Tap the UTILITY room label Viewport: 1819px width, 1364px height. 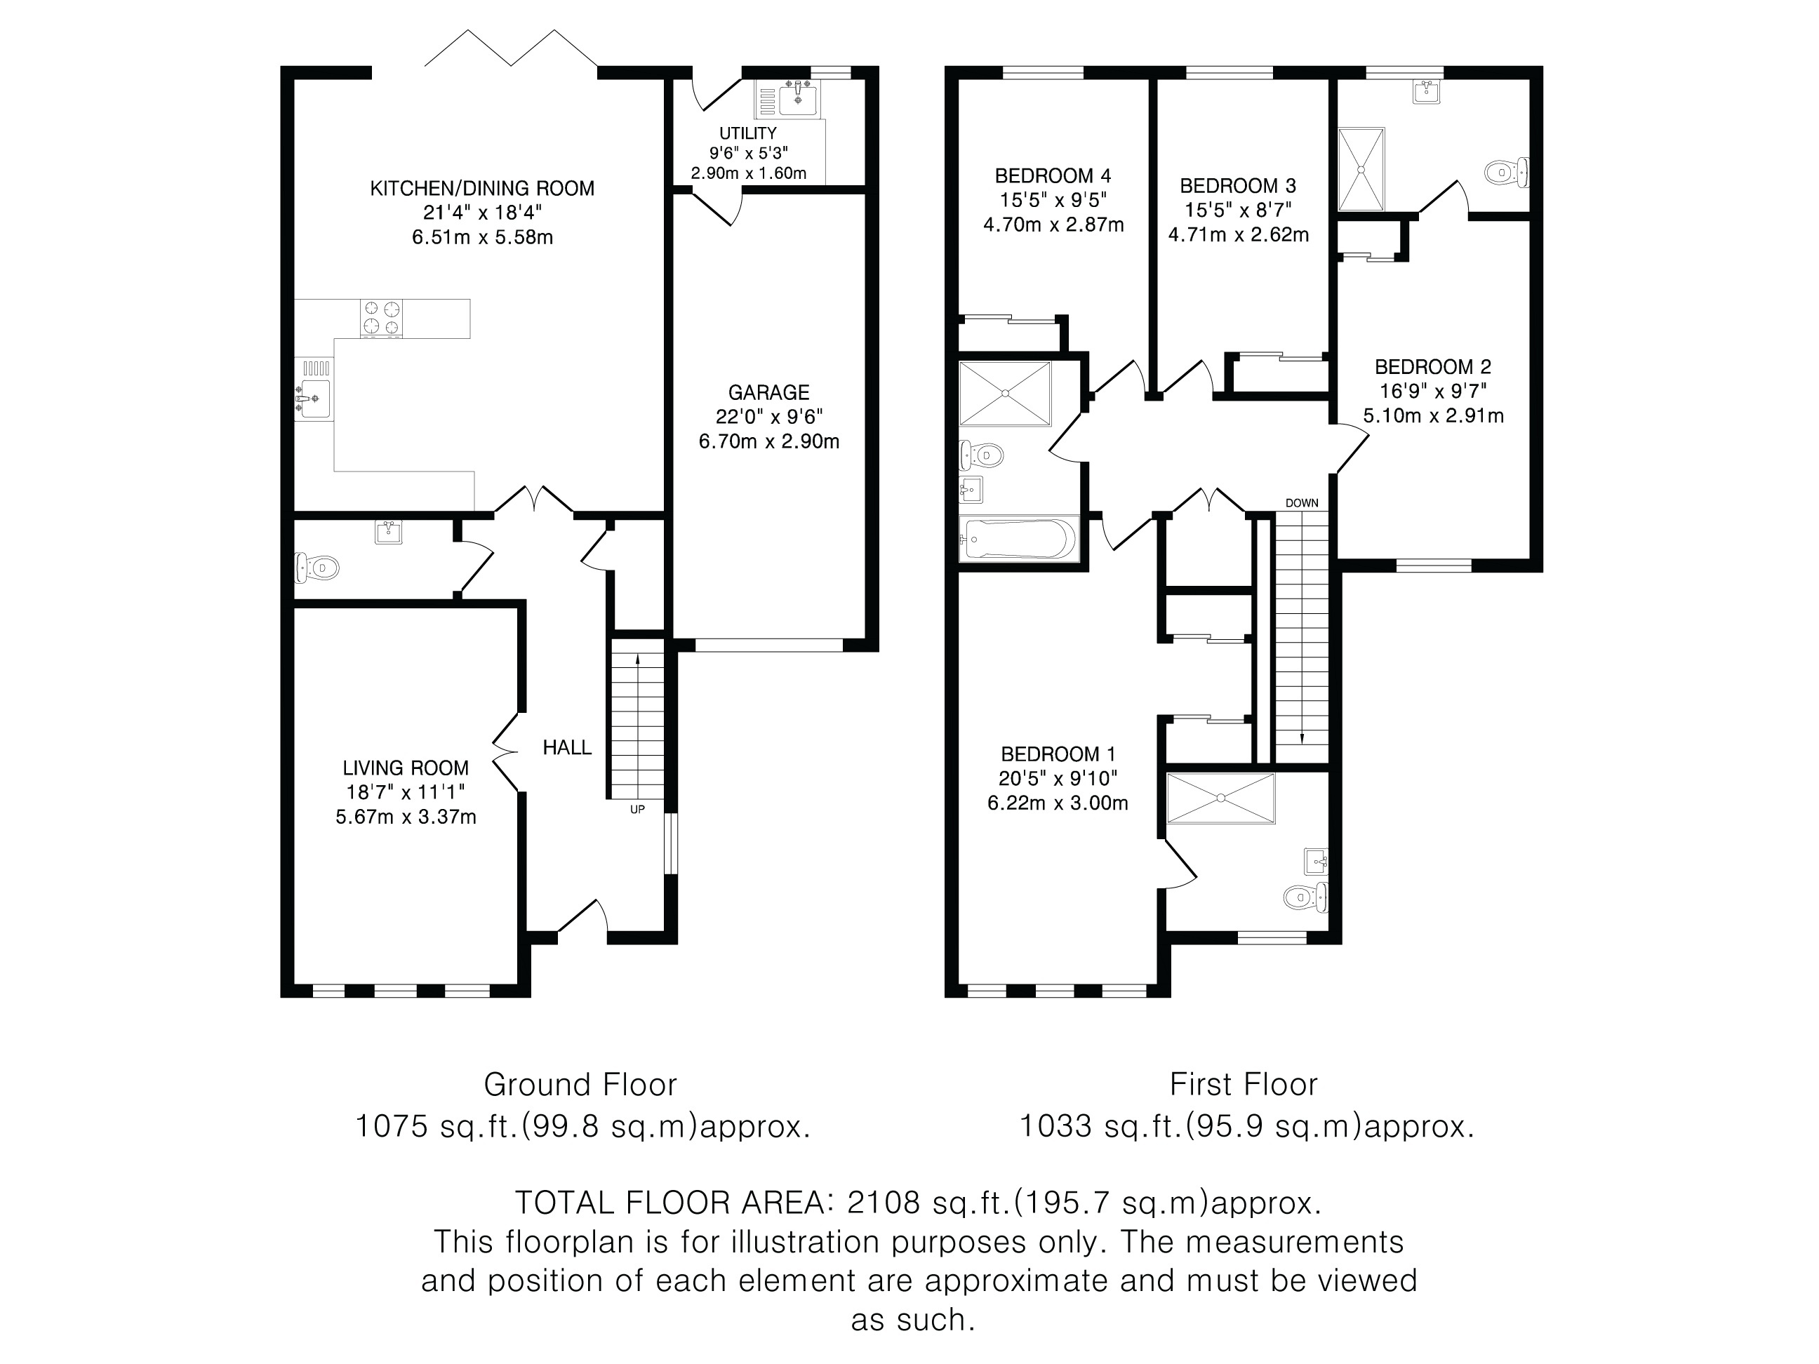click(x=747, y=133)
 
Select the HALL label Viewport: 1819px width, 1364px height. click(x=566, y=747)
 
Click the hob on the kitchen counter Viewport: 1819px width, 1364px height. click(x=382, y=318)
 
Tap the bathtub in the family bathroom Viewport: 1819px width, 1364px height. click(x=1018, y=539)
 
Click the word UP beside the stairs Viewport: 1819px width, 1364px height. click(x=637, y=810)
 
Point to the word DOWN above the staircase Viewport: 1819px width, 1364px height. click(x=1302, y=503)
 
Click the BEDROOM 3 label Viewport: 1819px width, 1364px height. click(x=1238, y=186)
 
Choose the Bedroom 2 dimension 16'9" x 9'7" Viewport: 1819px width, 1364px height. click(x=1433, y=392)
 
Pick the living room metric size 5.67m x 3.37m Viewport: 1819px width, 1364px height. click(x=406, y=817)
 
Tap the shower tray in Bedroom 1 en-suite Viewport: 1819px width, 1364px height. click(x=1220, y=798)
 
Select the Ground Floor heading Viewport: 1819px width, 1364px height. click(x=580, y=1085)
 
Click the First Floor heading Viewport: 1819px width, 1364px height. click(x=1244, y=1085)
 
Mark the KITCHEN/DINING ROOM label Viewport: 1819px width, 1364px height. click(x=482, y=188)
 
